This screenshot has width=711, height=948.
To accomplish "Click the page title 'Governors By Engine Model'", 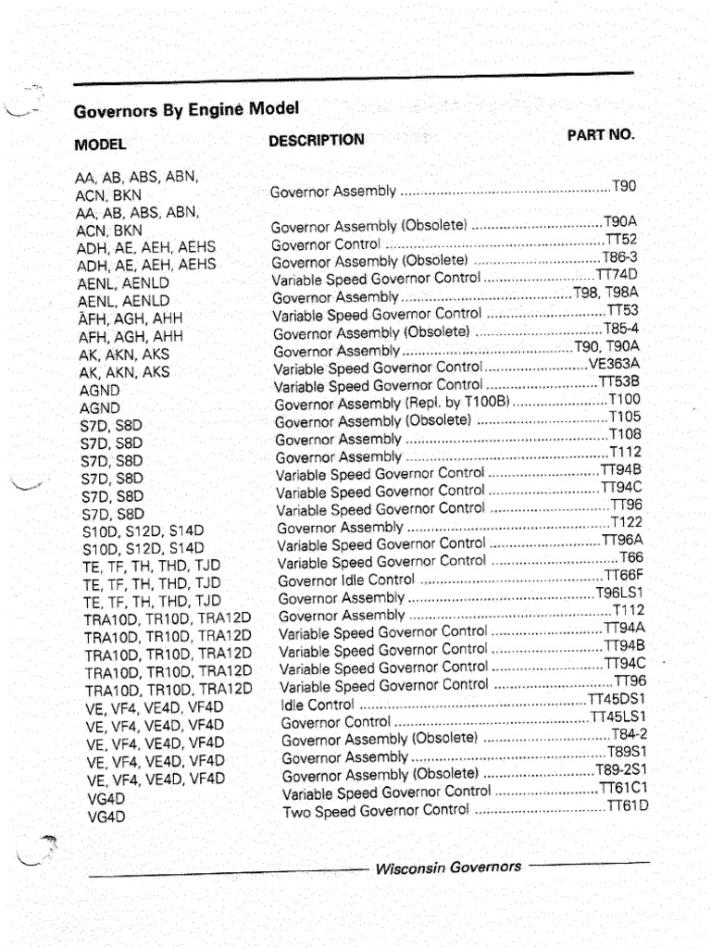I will click(186, 110).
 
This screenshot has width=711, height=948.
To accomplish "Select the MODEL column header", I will click(100, 144).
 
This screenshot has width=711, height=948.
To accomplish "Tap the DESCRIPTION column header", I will click(317, 141).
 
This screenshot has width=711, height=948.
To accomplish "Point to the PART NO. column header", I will click(601, 134).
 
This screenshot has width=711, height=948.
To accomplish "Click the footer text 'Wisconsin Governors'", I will click(448, 867).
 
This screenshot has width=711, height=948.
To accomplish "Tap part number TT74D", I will click(617, 275).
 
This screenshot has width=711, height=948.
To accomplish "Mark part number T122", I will click(627, 522).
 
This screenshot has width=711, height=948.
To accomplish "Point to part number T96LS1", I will click(619, 592).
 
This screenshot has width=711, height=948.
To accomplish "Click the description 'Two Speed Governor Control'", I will click(376, 811).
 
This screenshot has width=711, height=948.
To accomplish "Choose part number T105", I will click(625, 417).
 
